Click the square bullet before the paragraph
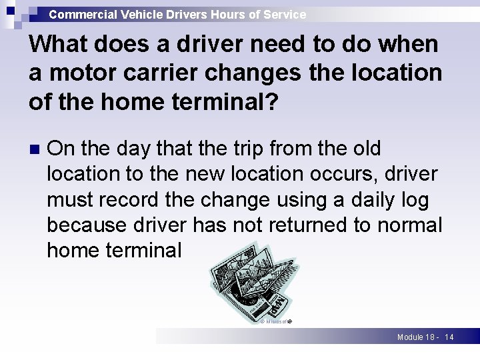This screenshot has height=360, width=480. (35, 149)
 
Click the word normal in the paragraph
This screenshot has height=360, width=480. (410, 225)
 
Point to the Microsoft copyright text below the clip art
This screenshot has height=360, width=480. (275, 321)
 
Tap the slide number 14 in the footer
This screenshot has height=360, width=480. (449, 337)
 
